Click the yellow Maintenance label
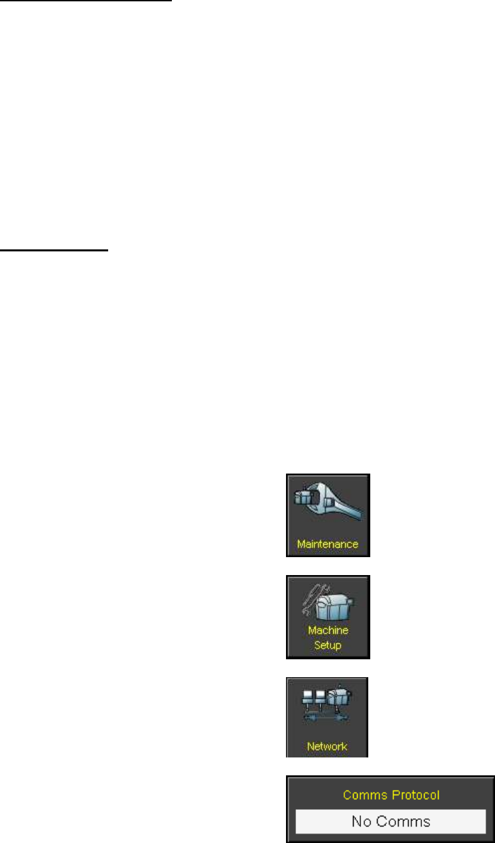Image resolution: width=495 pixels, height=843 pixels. click(x=327, y=545)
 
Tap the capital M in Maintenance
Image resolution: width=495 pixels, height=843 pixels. click(x=301, y=545)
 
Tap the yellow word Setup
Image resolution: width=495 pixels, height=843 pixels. click(x=327, y=645)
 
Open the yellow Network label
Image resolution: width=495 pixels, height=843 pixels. click(x=327, y=746)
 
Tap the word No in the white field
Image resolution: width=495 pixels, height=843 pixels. click(x=361, y=821)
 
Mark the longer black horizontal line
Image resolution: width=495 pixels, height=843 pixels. click(x=86, y=1)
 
